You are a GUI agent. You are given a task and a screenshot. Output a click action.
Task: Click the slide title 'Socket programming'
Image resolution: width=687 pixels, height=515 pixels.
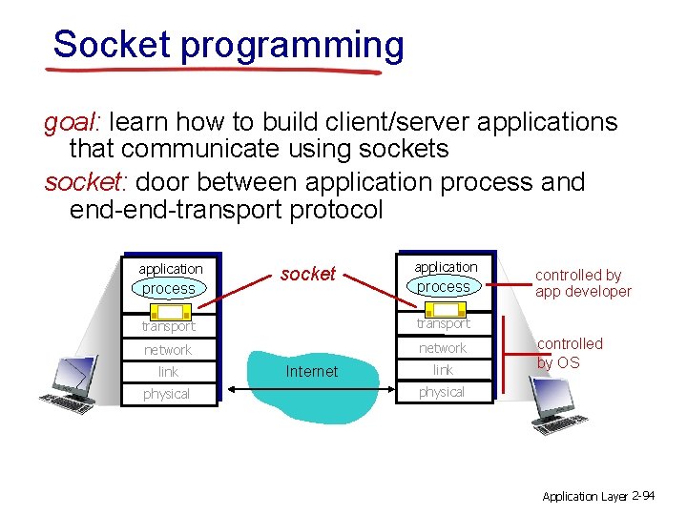pos(228,45)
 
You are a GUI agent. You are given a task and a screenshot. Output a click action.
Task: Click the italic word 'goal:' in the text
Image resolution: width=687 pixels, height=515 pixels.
pos(74,122)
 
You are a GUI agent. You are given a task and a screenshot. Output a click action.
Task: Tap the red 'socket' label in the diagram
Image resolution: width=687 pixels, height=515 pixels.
pos(307,274)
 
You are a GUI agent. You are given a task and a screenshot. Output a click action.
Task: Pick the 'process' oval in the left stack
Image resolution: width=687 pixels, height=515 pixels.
pos(169,288)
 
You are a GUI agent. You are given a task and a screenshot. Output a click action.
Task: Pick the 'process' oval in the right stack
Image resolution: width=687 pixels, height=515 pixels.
pos(444,286)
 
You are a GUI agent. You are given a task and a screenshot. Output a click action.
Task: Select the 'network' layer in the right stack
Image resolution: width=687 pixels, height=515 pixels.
pos(443,348)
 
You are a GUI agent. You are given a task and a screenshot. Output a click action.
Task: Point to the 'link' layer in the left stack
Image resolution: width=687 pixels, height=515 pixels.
pos(168,372)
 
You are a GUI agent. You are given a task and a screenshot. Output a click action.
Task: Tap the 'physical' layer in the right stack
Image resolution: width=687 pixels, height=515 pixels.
pos(442,392)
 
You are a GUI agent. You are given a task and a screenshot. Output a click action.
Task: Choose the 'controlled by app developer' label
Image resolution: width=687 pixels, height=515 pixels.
pos(582,283)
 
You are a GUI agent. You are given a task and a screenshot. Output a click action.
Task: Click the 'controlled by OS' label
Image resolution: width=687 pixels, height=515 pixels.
pos(570,353)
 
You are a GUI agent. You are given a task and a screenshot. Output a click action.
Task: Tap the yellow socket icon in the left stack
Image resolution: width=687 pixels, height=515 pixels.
pos(170,311)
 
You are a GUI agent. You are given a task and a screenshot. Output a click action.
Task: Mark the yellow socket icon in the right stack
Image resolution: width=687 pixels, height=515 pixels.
pos(444,309)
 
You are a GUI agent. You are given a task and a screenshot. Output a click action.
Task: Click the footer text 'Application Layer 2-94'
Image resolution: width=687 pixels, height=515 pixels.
pos(597,496)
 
